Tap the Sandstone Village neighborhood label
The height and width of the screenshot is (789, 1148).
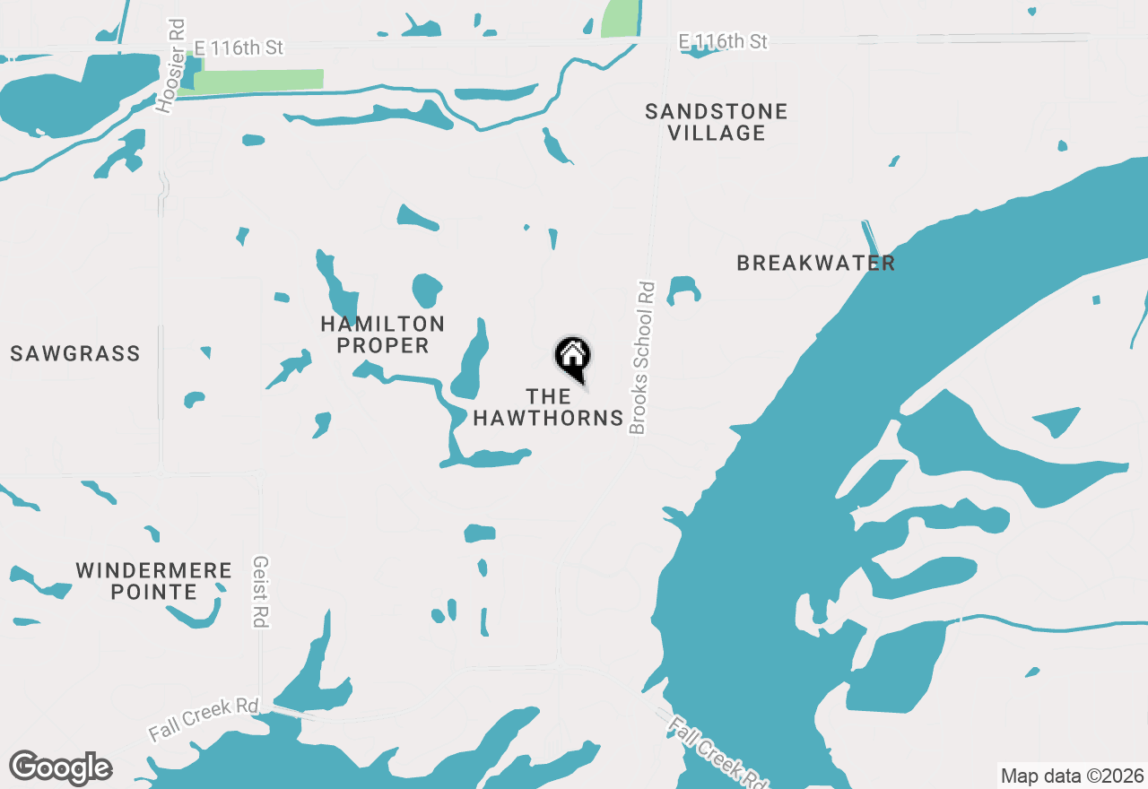pyautogui.click(x=717, y=122)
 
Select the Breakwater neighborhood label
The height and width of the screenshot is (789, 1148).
pyautogui.click(x=815, y=263)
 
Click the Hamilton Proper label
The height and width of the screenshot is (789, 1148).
pyautogui.click(x=382, y=334)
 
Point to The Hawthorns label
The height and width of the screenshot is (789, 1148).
pyautogui.click(x=548, y=407)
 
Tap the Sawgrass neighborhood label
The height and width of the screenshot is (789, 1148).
pyautogui.click(x=75, y=353)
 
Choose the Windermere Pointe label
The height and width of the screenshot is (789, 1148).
pyautogui.click(x=153, y=581)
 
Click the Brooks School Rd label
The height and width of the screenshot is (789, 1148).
pyautogui.click(x=641, y=358)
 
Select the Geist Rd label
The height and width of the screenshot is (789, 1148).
pyautogui.click(x=261, y=592)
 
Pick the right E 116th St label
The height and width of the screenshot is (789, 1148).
pyautogui.click(x=723, y=41)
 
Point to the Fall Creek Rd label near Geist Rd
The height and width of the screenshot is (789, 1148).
pyautogui.click(x=204, y=717)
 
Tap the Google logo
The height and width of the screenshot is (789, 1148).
pyautogui.click(x=60, y=768)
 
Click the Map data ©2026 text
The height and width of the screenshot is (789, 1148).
pyautogui.click(x=1072, y=776)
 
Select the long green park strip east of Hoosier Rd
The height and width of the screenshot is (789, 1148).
pyautogui.click(x=258, y=80)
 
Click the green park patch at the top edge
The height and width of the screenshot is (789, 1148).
pyautogui.click(x=619, y=18)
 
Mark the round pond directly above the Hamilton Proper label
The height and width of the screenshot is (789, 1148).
pyautogui.click(x=427, y=290)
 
